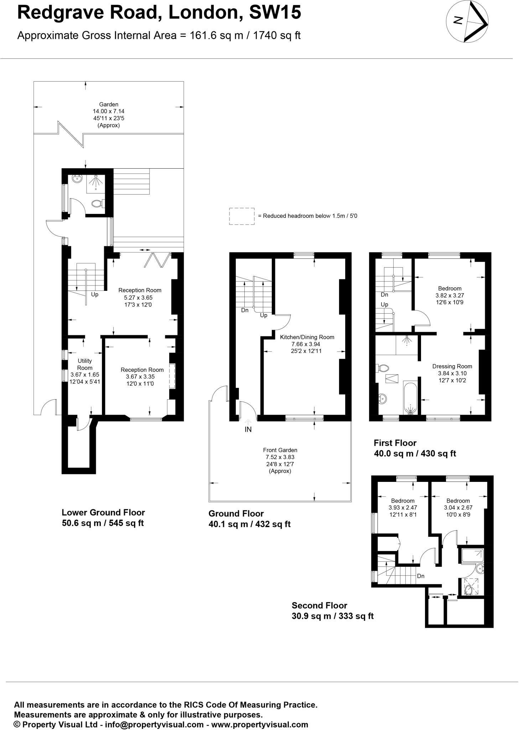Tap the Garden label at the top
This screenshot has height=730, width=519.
pos(109,104)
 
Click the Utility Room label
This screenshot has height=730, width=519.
pos(85,364)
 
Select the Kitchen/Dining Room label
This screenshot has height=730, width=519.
pos(307,337)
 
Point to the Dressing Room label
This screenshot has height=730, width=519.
pos(452,366)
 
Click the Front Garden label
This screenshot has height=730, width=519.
pos(280,450)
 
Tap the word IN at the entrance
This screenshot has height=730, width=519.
pos(248,430)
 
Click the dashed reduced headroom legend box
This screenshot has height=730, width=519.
pos(242,216)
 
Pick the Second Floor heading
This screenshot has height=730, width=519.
pos(319,605)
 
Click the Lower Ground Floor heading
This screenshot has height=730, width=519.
pos(103,512)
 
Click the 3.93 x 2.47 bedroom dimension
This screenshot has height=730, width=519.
pos(403,507)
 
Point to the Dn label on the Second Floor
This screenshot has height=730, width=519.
pos(421,576)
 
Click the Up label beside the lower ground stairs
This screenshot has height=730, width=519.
pos(95,294)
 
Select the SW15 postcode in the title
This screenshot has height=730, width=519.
pos(275,13)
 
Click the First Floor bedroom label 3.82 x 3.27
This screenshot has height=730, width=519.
pos(450,295)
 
